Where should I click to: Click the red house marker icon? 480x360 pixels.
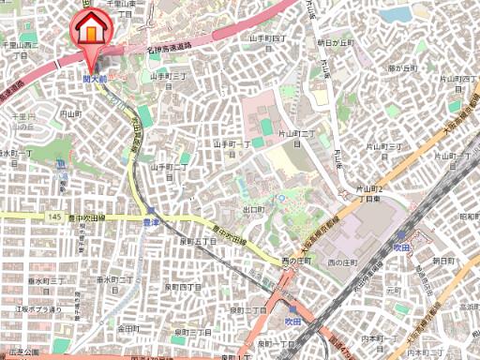(90, 27)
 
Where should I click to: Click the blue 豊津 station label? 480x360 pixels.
(151, 222)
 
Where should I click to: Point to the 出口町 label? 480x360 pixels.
(251, 210)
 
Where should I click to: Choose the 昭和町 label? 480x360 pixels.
(469, 216)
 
